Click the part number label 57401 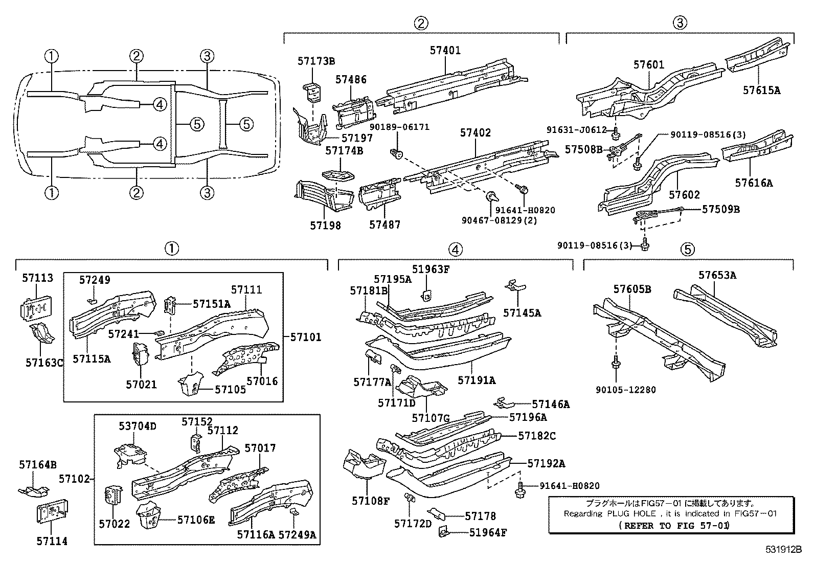(445, 50)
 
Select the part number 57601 (649, 65)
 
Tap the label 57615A (761, 90)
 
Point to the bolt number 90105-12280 (626, 390)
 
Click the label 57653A (717, 275)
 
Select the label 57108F (370, 501)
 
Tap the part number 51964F (488, 532)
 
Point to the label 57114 (52, 541)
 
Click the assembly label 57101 (306, 338)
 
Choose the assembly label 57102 (74, 479)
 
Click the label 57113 (37, 278)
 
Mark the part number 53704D (138, 426)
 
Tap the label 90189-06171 (399, 127)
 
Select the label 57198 (325, 226)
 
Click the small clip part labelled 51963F (426, 296)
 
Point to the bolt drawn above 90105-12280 (616, 363)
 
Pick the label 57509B (720, 209)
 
